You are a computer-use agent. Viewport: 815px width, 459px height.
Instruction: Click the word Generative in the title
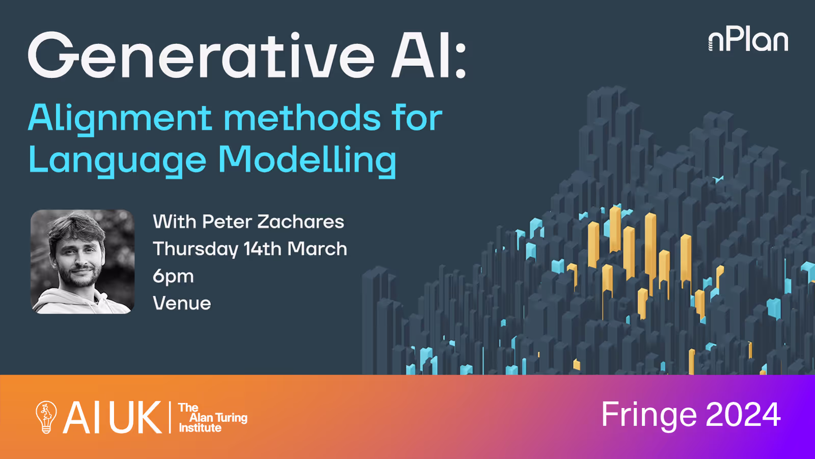[x=201, y=56]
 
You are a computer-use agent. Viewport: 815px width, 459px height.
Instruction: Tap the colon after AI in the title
[x=460, y=60]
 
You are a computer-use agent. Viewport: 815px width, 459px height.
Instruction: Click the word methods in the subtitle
[x=302, y=118]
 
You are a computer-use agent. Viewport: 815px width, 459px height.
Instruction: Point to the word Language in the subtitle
[x=117, y=161]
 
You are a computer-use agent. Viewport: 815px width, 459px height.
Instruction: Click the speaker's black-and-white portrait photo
[x=83, y=261]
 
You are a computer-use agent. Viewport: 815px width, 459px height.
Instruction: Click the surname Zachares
[x=301, y=222]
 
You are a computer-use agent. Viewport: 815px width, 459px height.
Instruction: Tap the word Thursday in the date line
[x=195, y=249]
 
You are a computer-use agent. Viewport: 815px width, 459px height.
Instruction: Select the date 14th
[x=262, y=249]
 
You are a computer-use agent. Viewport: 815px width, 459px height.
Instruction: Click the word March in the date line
[x=317, y=249]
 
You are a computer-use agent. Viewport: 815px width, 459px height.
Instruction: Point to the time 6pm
[x=173, y=276]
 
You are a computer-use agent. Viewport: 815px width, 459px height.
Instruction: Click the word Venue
[x=182, y=303]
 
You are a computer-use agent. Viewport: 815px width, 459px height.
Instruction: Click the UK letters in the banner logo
[x=135, y=417]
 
